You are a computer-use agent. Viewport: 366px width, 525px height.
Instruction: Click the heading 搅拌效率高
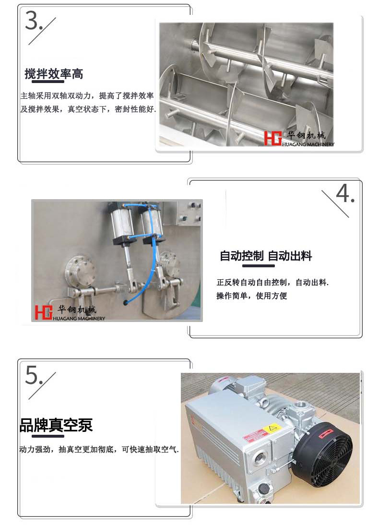coord(54,73)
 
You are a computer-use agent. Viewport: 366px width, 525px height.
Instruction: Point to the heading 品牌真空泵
coord(56,426)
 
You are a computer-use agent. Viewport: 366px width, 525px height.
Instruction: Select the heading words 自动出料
coord(290,256)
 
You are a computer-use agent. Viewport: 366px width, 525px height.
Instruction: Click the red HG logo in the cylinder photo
coord(44,312)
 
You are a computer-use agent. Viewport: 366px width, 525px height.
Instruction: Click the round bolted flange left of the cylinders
coord(78,270)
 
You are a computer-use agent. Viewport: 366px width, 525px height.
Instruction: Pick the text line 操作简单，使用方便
coord(251,296)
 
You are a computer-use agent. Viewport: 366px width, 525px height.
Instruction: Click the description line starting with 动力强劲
coord(99,449)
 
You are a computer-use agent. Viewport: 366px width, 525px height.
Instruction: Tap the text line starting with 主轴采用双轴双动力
coord(87,96)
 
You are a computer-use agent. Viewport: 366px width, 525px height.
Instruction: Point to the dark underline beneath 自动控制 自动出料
coord(258,266)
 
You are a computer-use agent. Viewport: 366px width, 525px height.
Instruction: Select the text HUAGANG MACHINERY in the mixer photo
coord(308,144)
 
